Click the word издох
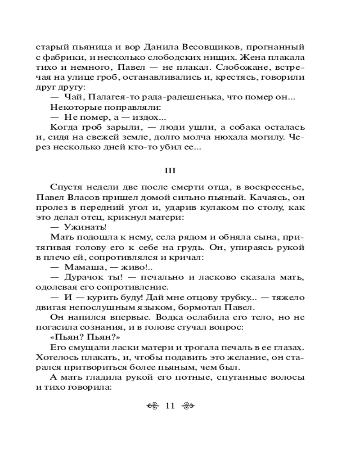click(139, 118)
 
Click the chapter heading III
click(171, 171)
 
